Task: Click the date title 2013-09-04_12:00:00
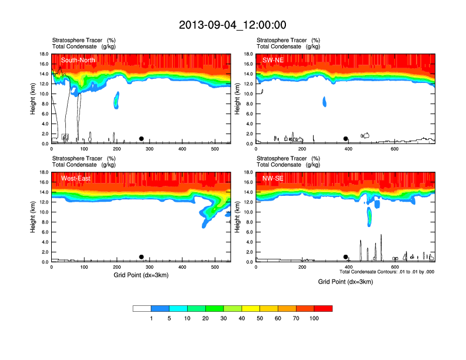232,25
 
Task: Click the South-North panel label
78,60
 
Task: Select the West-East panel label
75,178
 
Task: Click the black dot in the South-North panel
141,139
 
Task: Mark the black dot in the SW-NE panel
346,139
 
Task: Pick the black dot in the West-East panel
141,257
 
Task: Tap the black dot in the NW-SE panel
346,257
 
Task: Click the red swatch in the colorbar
323,308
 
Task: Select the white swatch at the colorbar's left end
142,308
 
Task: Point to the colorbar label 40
242,318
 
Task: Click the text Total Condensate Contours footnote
387,272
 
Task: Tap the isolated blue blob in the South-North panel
116,100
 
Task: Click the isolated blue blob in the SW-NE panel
324,101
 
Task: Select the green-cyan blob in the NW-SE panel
370,216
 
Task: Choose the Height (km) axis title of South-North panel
33,99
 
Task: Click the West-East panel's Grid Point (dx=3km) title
141,275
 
